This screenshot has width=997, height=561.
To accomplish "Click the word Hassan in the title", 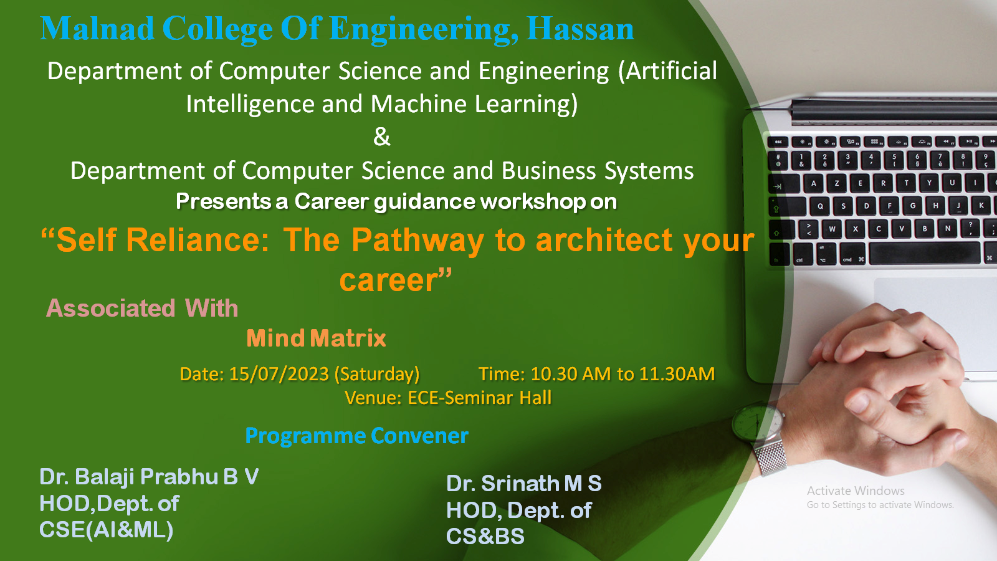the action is point(580,29).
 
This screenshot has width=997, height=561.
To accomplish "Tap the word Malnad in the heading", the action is point(97,29).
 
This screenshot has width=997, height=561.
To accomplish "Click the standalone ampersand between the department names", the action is point(382,137).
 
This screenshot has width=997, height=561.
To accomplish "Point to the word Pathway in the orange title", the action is point(417,241).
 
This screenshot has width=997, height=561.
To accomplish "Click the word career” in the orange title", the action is point(396,280).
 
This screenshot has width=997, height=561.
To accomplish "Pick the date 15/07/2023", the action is point(279,374).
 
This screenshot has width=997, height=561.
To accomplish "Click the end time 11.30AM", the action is point(677,374).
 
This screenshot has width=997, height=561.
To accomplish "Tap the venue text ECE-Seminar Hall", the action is point(479,398).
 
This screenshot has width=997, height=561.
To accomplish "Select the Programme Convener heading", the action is point(357,436).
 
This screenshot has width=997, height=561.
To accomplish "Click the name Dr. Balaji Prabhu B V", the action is point(149,477).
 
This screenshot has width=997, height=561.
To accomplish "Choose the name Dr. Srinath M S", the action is point(524,484).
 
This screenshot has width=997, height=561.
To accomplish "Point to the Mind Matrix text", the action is point(316,338).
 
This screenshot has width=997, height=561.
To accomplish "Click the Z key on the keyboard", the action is point(837,183).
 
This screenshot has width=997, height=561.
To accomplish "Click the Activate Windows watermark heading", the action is point(856,491).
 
